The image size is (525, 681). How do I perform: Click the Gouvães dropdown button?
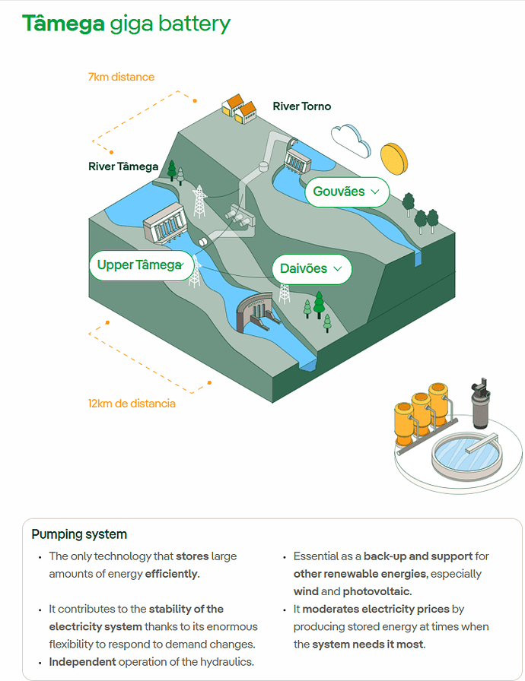click(346, 192)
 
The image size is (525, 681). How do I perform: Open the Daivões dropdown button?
click(311, 269)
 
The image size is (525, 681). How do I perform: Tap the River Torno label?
click(302, 106)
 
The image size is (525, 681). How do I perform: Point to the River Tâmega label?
click(123, 166)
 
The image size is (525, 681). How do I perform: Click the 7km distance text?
click(121, 77)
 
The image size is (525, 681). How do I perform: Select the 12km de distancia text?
click(132, 404)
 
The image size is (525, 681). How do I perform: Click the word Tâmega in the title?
click(63, 24)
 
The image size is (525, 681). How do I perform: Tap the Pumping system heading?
click(79, 534)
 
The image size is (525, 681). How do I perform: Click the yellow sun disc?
click(394, 157)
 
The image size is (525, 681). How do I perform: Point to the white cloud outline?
click(351, 139)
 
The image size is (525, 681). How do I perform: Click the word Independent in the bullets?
click(82, 661)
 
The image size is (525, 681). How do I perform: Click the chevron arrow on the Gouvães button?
click(374, 192)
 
